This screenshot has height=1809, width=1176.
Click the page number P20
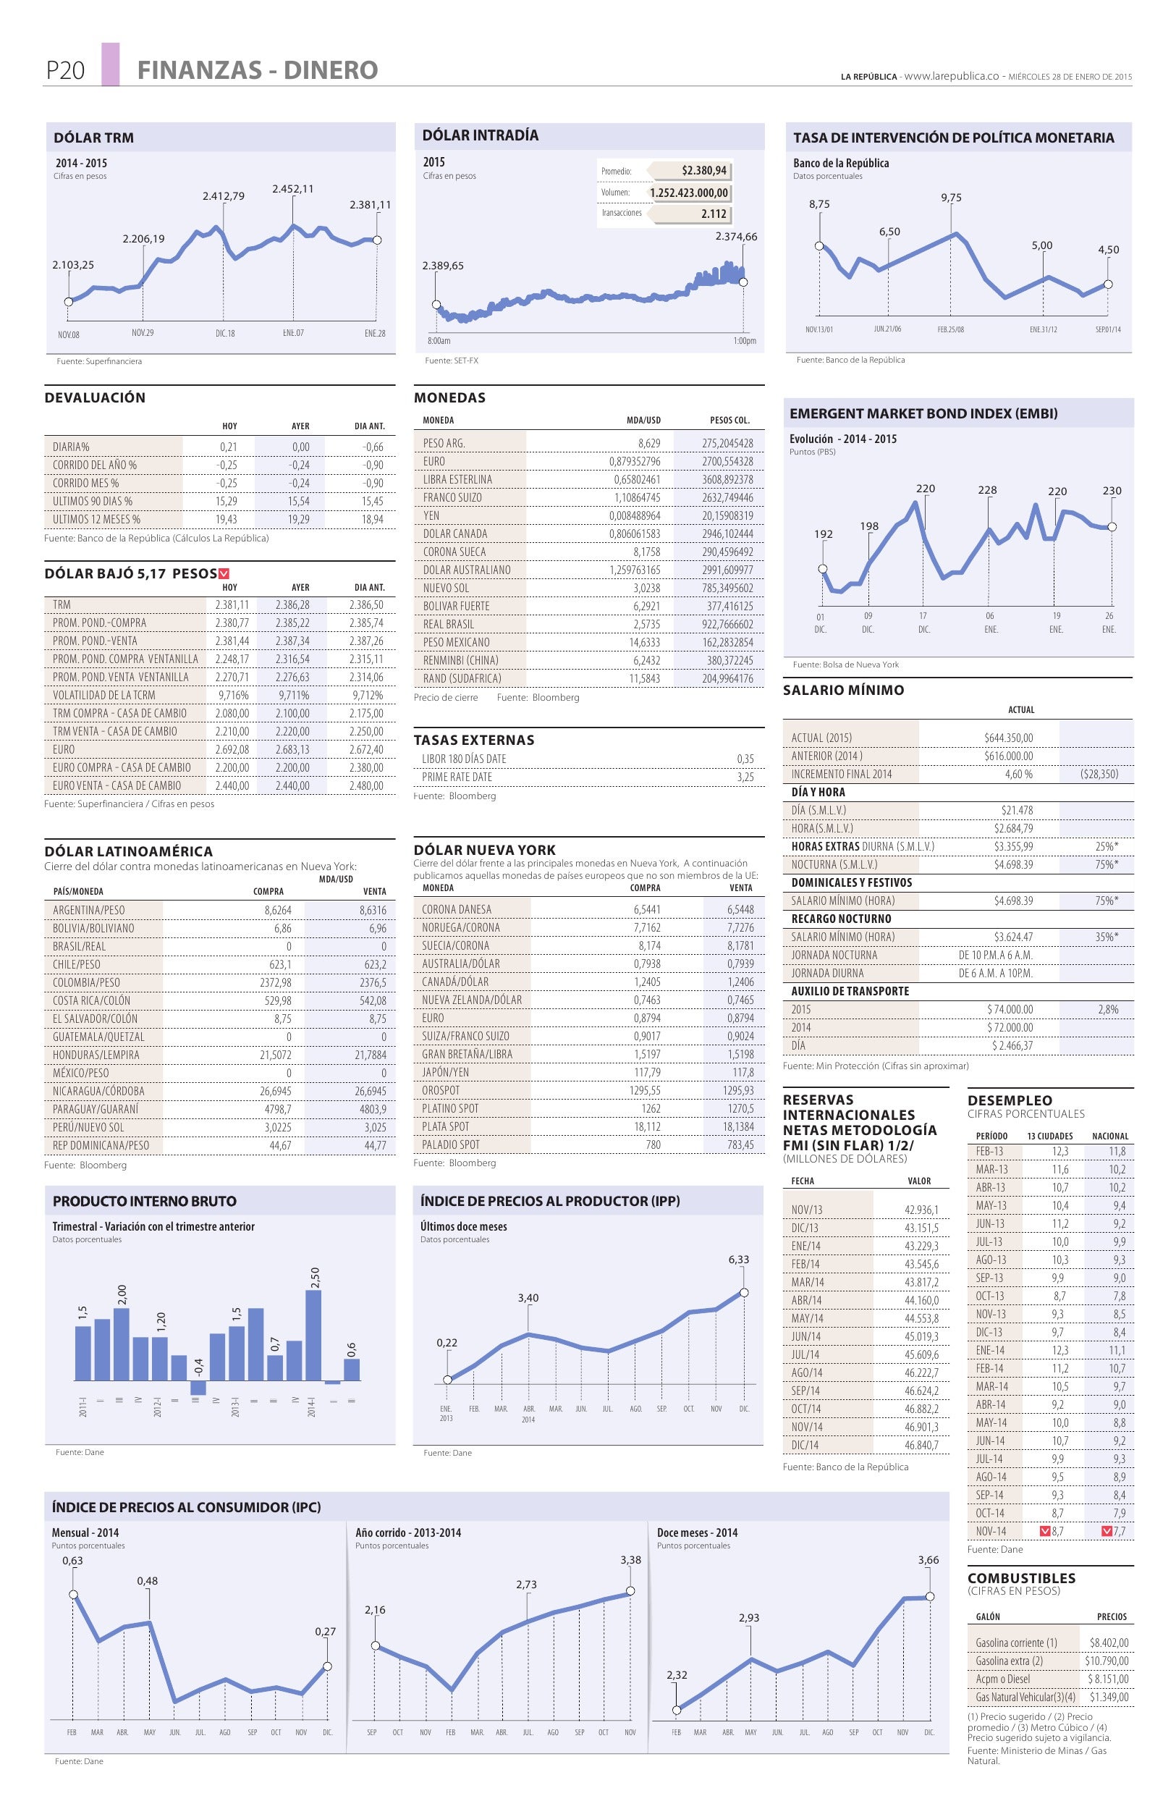64,71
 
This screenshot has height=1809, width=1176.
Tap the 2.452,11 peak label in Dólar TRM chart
292,188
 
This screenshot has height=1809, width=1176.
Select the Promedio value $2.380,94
703,170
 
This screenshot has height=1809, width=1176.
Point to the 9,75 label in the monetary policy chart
950,198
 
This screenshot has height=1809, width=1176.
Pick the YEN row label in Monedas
431,515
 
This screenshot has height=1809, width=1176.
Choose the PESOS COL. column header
729,421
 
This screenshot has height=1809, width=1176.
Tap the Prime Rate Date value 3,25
745,777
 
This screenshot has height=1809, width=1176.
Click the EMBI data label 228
987,490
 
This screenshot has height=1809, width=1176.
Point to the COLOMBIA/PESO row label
87,983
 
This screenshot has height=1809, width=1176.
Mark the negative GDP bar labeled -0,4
198,1387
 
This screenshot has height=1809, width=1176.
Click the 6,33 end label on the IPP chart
738,1260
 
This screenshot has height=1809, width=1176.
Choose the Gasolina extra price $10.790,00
1106,1661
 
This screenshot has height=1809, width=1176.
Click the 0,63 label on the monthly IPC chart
73,1561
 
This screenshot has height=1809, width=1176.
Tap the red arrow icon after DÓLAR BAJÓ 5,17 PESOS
224,574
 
